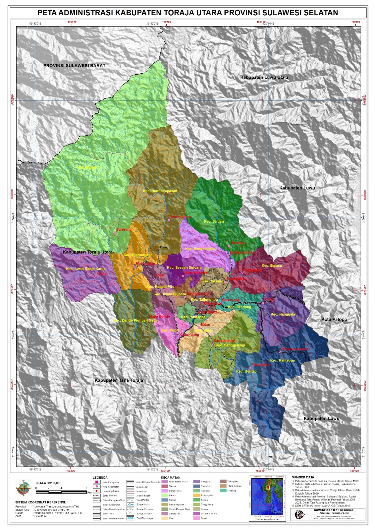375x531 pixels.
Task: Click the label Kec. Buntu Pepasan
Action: [160, 191]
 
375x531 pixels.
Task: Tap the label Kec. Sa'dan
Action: [214, 221]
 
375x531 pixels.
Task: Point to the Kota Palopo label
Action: [334, 319]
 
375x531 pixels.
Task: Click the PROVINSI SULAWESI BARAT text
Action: [74, 66]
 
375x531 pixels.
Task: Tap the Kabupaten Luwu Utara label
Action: [264, 77]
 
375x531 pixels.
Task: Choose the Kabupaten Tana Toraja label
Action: [119, 380]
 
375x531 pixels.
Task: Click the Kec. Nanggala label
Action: [283, 314]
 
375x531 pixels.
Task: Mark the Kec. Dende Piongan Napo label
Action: [135, 321]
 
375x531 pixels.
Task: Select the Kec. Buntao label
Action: [246, 371]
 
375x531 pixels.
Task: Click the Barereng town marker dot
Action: [115, 233]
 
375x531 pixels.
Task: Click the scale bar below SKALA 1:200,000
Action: [61, 491]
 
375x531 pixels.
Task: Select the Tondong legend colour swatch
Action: [223, 491]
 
